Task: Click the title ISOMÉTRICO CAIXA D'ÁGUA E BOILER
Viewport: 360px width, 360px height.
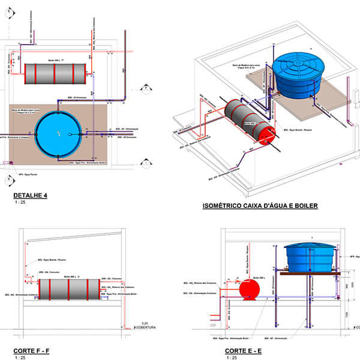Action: coord(260,206)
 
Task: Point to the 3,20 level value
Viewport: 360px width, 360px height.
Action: coord(143,323)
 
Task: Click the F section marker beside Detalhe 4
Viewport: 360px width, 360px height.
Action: coord(146,88)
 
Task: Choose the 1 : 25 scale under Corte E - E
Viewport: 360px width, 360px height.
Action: coord(232,358)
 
